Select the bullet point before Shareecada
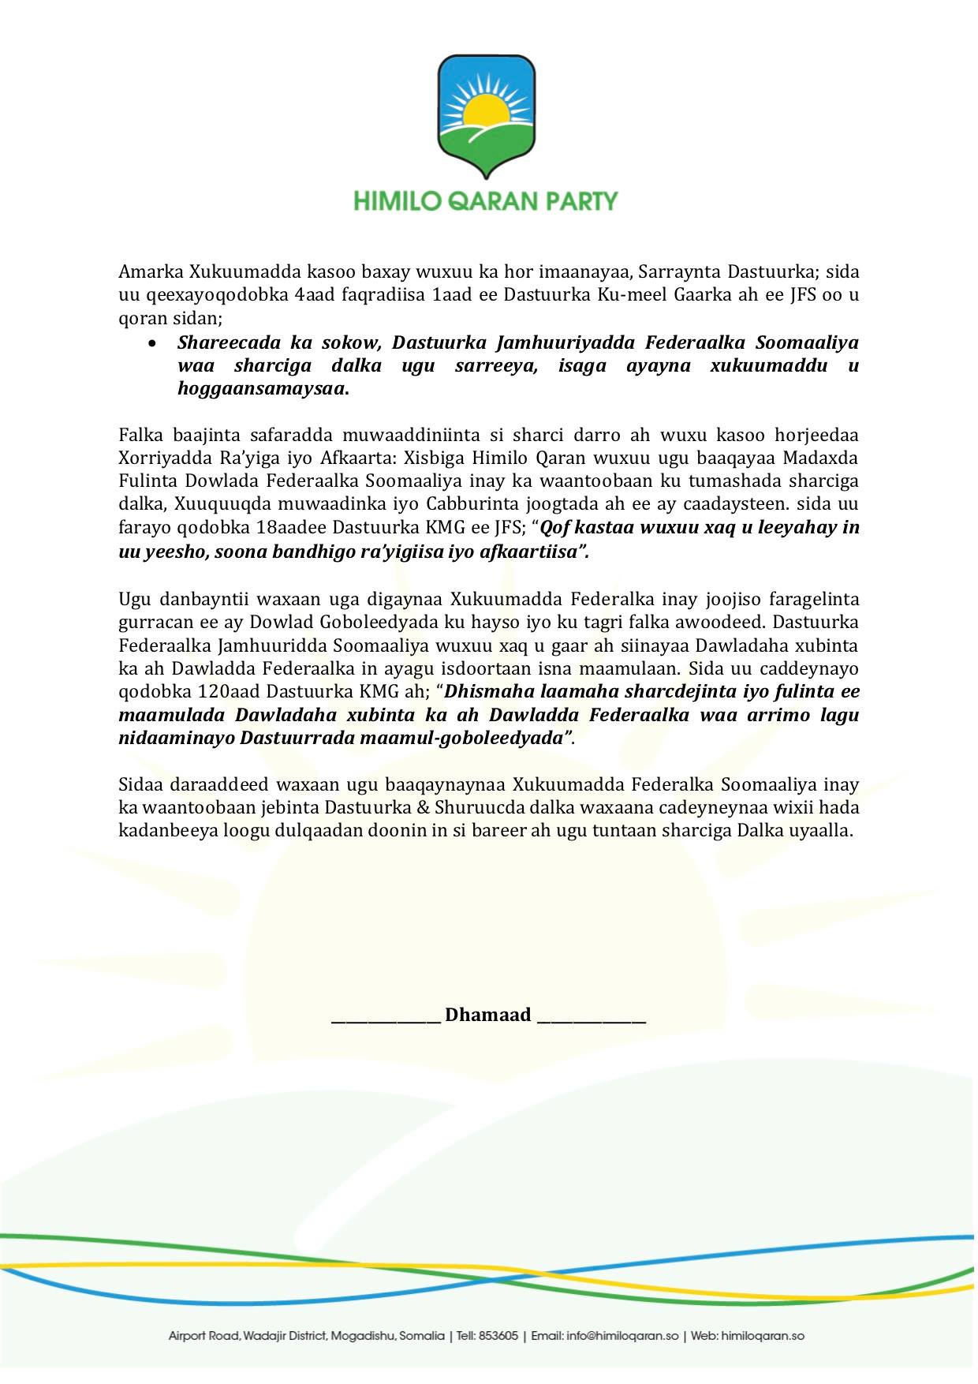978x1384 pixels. click(152, 343)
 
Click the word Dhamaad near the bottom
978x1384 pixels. click(488, 1015)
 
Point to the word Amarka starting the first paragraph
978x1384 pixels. click(151, 272)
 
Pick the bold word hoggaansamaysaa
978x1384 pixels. click(262, 389)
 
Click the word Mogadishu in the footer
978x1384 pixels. click(364, 1336)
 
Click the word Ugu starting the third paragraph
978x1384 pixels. click(134, 599)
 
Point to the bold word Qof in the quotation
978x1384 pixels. click(554, 527)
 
